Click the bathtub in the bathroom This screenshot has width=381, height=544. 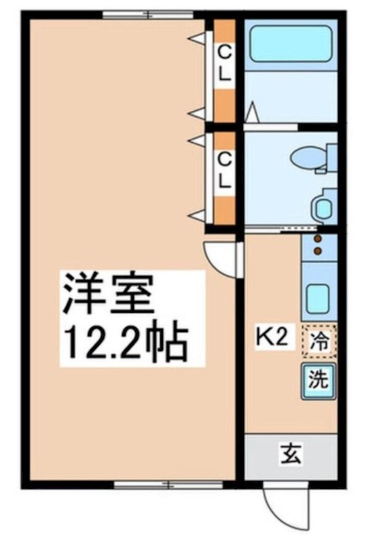(x=291, y=46)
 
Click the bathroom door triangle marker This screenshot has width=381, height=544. (x=252, y=111)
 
